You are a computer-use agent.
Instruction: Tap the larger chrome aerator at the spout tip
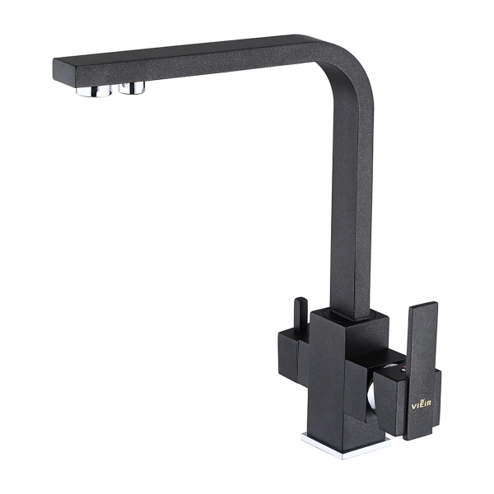[x=94, y=90]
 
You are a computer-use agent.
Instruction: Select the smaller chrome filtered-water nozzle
[x=132, y=87]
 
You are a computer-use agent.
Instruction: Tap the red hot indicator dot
[x=403, y=369]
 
